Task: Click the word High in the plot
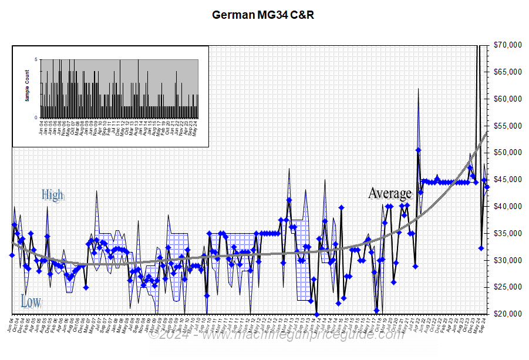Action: (x=52, y=195)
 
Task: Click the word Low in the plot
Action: (x=31, y=302)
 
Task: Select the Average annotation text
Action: (x=390, y=193)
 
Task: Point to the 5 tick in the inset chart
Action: (x=36, y=59)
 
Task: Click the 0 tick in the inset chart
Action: (x=36, y=117)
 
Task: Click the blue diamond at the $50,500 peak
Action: (x=418, y=150)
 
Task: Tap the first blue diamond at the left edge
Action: (x=12, y=255)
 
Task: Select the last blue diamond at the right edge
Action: (x=487, y=187)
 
